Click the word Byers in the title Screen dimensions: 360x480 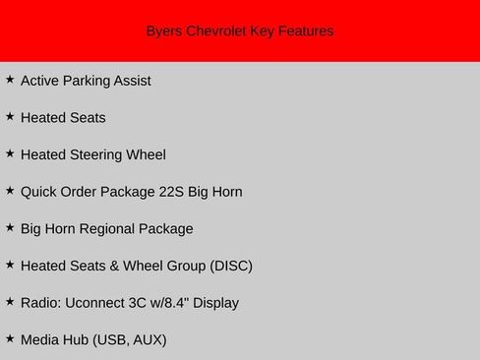pos(163,31)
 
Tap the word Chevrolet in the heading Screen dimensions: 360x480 pos(215,31)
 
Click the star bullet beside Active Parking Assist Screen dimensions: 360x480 pos(10,79)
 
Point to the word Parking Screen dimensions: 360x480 pos(92,81)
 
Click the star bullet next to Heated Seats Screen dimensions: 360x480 pos(10,116)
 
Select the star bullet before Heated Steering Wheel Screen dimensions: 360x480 pos(10,153)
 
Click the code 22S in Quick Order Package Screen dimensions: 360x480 pos(172,192)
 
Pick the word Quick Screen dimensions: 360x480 pos(38,192)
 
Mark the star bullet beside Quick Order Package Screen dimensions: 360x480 pos(10,190)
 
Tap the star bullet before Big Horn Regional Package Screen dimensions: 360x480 pos(10,227)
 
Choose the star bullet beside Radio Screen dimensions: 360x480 pos(10,301)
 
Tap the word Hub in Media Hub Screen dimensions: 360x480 pos(74,340)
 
